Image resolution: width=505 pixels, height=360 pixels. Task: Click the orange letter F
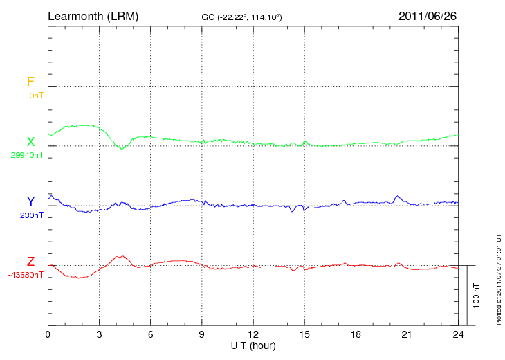(30, 82)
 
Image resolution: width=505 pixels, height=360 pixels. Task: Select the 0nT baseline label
(35, 96)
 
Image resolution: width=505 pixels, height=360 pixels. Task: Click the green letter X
(30, 142)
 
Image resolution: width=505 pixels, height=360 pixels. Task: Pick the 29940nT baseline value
(26, 156)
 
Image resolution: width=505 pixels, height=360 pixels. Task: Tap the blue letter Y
(30, 201)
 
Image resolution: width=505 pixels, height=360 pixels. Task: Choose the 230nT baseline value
(31, 215)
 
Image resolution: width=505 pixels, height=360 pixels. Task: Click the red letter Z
(30, 262)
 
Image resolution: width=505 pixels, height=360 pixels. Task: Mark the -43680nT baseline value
(26, 276)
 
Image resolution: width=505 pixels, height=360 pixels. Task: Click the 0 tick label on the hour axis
(48, 335)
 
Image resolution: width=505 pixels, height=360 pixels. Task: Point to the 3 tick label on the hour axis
(99, 335)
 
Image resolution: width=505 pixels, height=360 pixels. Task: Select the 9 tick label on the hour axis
(202, 335)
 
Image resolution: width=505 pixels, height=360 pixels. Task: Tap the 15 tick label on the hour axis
(304, 335)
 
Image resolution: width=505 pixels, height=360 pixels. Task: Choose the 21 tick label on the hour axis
(407, 335)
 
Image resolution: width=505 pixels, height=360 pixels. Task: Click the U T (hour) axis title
(253, 345)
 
